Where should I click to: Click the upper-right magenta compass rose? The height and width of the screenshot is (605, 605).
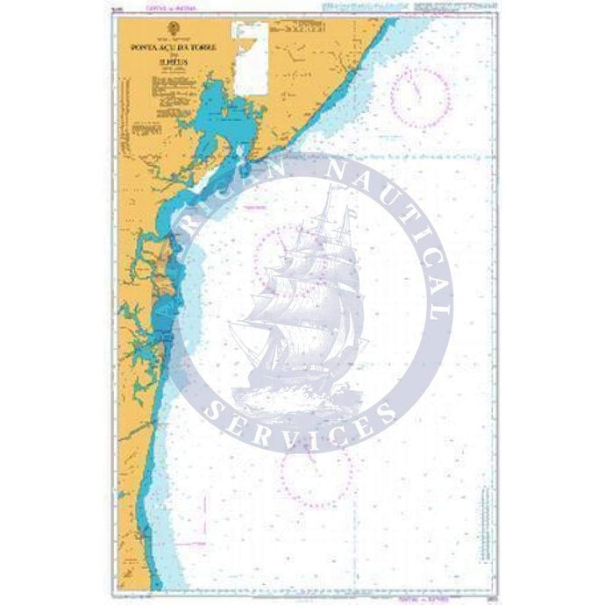[x=420, y=94]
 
